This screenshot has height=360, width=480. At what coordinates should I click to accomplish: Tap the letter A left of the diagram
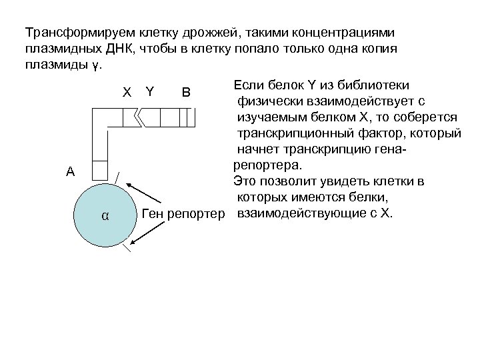70,171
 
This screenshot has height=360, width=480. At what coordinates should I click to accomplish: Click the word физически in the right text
264,101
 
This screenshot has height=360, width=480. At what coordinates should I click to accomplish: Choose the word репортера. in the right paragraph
265,165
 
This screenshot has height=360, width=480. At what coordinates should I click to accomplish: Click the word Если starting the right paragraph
246,85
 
